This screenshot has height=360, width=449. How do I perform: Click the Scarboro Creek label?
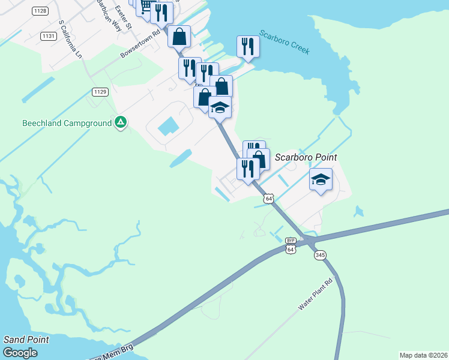tap(285, 42)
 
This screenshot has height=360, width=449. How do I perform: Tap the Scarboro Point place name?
tap(306, 157)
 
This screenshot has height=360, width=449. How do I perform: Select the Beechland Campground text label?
tap(67, 123)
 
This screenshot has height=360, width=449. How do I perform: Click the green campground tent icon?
tap(121, 123)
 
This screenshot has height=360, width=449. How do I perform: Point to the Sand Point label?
tap(26, 340)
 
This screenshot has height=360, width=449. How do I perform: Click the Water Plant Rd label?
tap(315, 294)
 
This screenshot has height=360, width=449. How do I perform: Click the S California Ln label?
tap(70, 38)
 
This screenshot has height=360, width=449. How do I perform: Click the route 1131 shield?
tap(49, 36)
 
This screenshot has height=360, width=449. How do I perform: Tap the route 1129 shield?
tap(100, 91)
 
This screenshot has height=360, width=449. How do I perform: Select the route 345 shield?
tap(319, 255)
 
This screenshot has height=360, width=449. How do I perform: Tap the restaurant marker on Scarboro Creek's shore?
tap(247, 46)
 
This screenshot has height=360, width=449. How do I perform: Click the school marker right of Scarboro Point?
tap(321, 179)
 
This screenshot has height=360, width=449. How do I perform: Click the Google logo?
tap(20, 353)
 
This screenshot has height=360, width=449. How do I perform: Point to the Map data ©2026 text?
tap(423, 355)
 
